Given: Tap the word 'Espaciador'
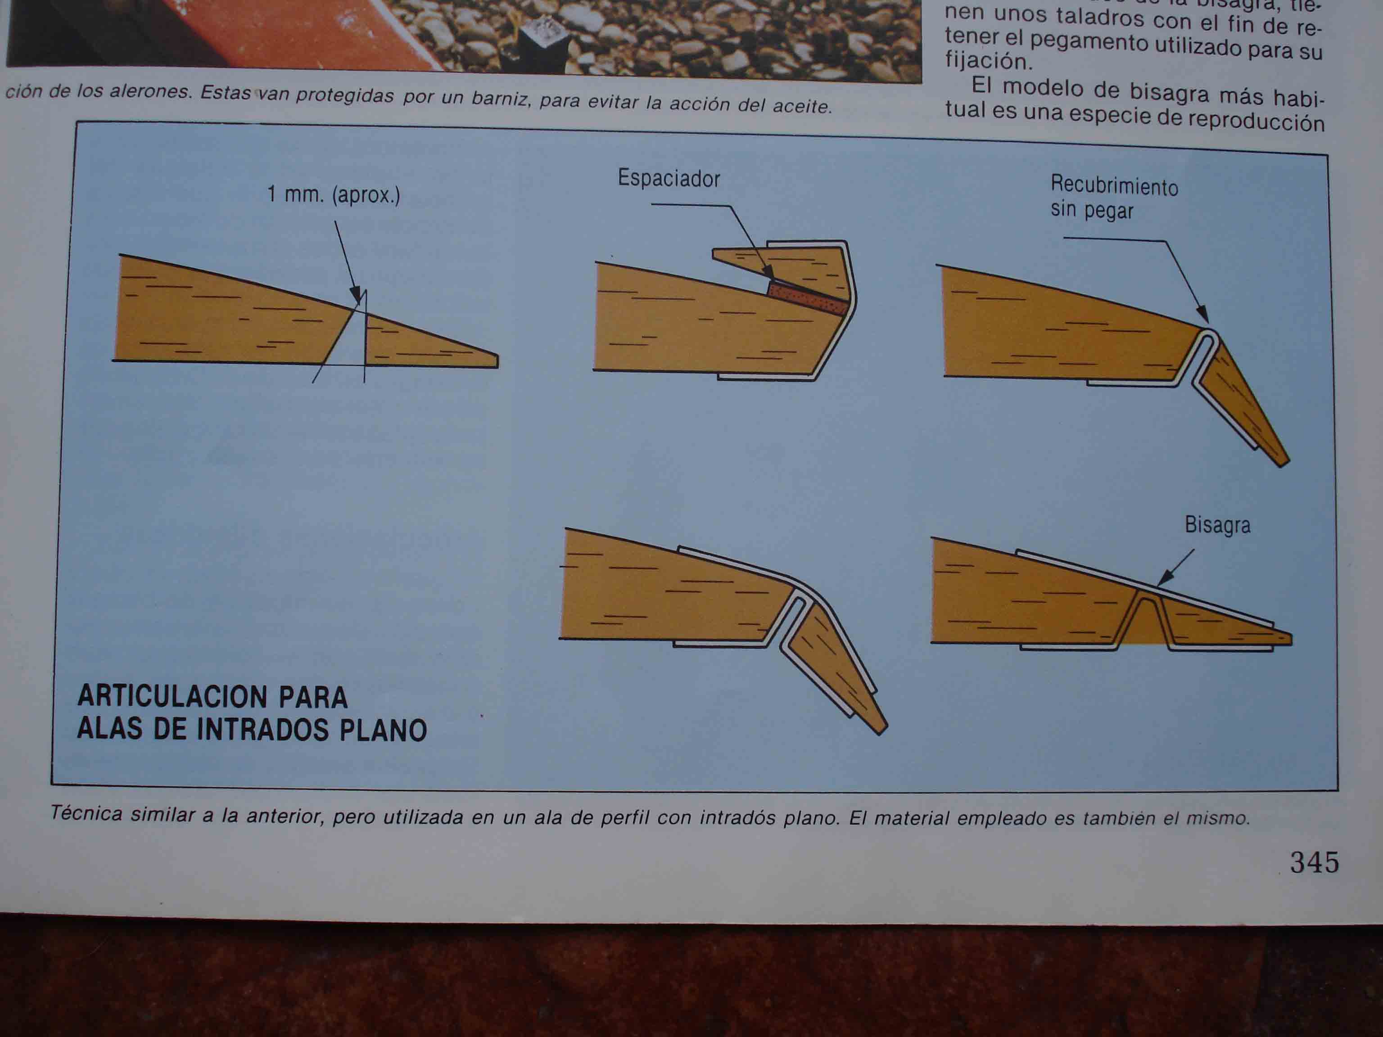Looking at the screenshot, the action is tap(669, 179).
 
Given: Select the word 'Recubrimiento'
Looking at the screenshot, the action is tap(1114, 185).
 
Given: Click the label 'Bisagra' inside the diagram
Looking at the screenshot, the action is tap(1217, 525).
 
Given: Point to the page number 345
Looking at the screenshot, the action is tap(1314, 863).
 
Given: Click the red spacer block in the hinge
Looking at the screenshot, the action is tap(808, 298).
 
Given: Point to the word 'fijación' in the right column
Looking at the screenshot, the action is tap(986, 61).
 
